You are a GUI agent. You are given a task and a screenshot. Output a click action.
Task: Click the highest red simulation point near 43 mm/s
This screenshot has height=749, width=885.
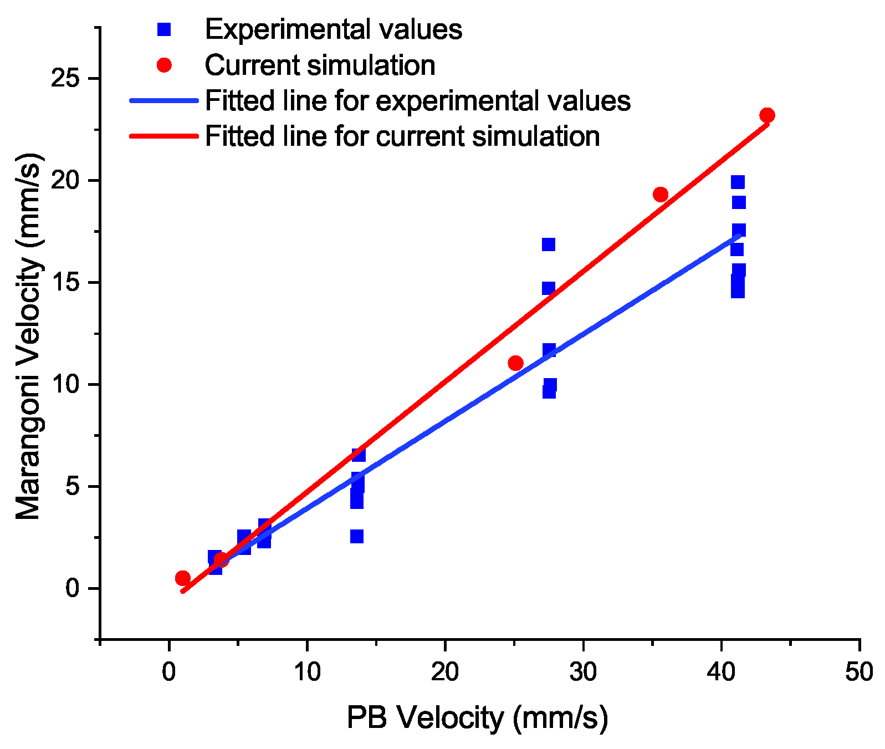767,115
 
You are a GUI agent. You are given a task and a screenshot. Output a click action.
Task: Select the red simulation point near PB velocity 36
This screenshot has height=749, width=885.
660,195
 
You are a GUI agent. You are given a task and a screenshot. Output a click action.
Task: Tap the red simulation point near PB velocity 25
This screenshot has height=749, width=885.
515,363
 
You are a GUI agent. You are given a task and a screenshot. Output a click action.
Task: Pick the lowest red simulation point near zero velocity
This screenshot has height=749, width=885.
183,578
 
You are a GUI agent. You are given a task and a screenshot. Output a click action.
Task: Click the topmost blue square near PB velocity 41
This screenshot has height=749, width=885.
738,182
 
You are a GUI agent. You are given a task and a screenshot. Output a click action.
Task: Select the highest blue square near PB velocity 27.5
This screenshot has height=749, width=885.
549,244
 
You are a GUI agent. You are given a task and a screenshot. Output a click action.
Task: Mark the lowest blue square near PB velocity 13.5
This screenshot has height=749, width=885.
357,536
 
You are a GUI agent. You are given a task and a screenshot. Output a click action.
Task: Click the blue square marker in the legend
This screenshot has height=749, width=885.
164,29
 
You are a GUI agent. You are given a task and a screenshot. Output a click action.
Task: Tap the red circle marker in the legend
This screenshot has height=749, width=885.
164,65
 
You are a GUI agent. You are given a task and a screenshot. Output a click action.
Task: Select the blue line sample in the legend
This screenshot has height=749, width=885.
164,101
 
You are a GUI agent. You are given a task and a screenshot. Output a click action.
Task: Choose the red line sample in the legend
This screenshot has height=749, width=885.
164,136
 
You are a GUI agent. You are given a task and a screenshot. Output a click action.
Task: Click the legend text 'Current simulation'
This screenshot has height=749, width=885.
320,65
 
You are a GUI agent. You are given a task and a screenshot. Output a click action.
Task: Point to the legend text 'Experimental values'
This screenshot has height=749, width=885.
334,29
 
